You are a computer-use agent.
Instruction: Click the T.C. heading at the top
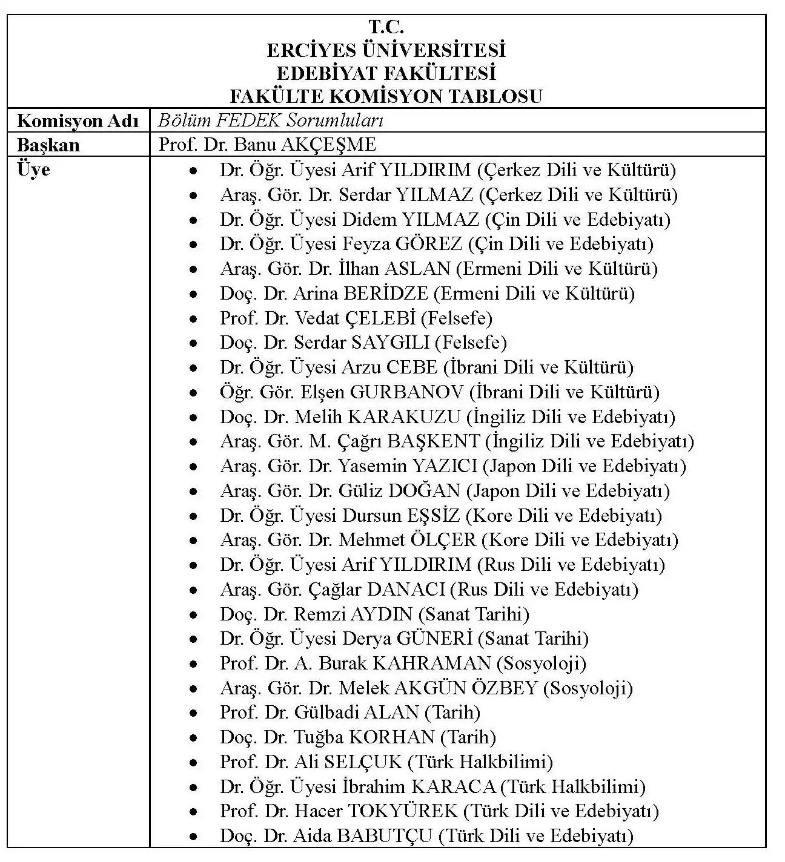pos(386,27)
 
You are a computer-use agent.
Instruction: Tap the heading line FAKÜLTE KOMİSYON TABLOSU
pos(386,96)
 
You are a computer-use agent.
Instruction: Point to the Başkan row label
pos(48,145)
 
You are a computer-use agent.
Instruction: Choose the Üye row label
pos(34,169)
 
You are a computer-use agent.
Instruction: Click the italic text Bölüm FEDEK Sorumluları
pos(270,120)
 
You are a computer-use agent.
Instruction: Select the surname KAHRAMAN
pos(431,663)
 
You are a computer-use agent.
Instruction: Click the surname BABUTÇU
pos(385,836)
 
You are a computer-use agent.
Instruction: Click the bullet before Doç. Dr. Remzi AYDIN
pos(193,615)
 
